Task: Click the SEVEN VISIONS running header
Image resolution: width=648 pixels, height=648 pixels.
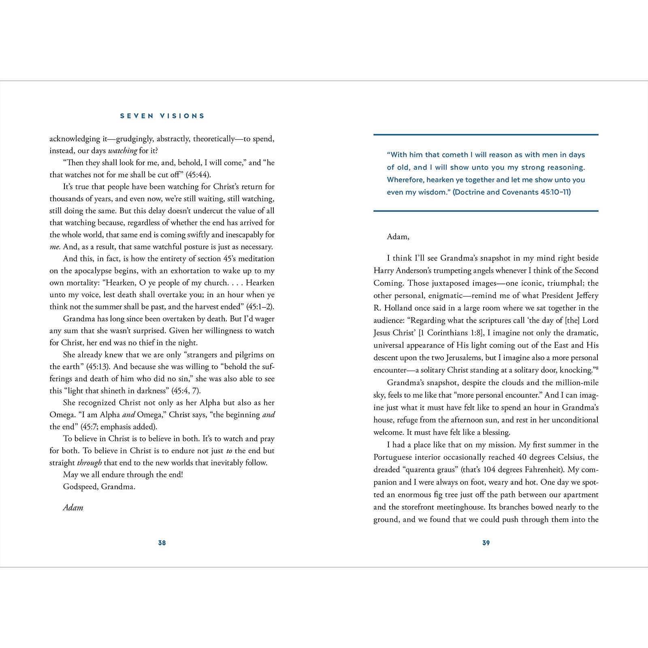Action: [162, 116]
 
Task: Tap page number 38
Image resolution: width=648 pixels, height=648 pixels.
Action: [162, 543]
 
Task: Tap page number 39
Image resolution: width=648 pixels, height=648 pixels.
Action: [486, 543]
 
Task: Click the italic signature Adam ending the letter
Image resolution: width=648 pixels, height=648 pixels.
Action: [73, 507]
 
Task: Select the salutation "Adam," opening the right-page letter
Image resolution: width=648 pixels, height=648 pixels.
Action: [398, 237]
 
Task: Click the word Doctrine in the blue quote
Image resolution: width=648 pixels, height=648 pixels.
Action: [468, 192]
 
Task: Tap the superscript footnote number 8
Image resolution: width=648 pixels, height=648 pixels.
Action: [597, 368]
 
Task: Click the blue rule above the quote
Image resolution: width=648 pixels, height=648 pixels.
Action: [486, 134]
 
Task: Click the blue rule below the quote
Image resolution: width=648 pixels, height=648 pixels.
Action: [486, 211]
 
